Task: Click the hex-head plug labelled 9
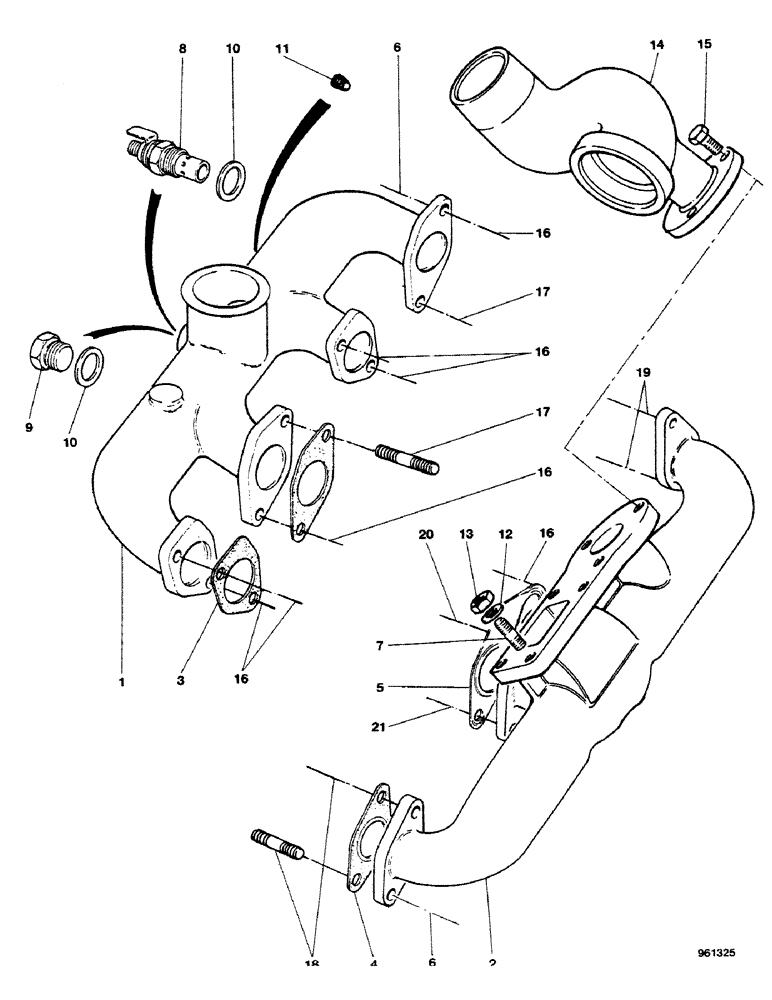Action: pos(48,351)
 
